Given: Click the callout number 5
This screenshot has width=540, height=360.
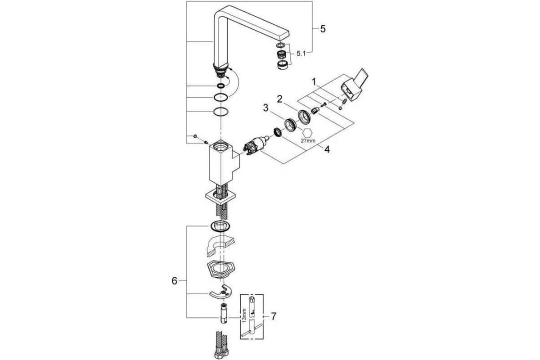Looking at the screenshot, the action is [x=323, y=29].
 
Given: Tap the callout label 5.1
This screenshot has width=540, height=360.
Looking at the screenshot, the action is [x=301, y=54].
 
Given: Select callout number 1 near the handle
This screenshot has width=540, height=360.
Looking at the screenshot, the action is [x=314, y=82].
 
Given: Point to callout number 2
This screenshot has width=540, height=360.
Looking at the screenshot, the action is [x=279, y=99].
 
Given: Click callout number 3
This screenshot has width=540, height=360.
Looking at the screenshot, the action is [x=265, y=108].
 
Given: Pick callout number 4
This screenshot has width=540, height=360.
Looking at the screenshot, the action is [x=327, y=149].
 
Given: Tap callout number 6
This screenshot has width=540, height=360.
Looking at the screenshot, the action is [x=174, y=281].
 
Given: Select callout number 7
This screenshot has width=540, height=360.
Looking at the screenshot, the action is [x=274, y=316].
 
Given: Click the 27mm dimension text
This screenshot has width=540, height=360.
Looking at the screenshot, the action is [x=308, y=140].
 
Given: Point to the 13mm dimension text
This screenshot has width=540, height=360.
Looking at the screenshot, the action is [x=244, y=315].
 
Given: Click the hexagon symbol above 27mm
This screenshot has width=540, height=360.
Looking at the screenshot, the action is [x=308, y=133].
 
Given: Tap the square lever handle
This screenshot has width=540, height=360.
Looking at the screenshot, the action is [x=354, y=85].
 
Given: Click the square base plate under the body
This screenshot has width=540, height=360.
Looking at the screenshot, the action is [x=220, y=198].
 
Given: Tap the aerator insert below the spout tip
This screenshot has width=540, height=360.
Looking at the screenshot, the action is [x=281, y=55].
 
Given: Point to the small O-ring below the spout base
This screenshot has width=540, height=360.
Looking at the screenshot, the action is [x=220, y=86].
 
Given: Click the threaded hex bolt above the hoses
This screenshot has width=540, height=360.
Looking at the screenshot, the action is [x=223, y=313].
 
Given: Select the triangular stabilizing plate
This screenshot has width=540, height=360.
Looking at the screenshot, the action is [x=220, y=270].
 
